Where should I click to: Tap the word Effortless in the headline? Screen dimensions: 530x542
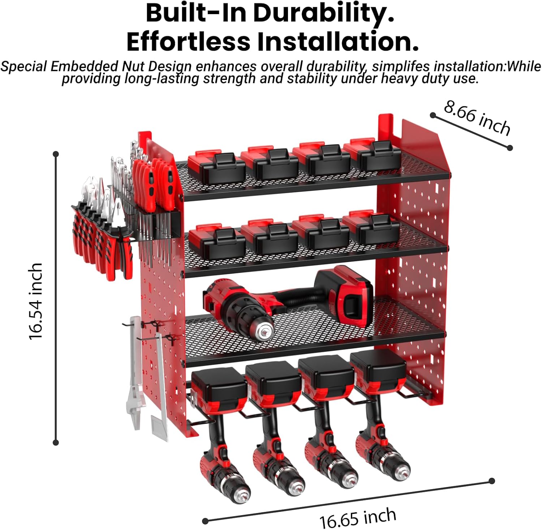(188, 42)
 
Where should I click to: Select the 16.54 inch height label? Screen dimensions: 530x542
(36, 301)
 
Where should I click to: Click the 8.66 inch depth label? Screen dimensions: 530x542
(477, 118)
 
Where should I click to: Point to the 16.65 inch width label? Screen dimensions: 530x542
(357, 518)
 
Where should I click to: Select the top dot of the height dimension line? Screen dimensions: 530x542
(56, 154)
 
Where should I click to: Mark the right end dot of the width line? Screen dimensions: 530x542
(491, 481)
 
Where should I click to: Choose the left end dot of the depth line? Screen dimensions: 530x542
(433, 115)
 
